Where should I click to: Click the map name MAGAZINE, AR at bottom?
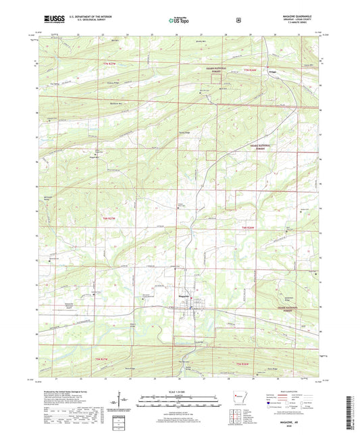coord(180,424)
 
